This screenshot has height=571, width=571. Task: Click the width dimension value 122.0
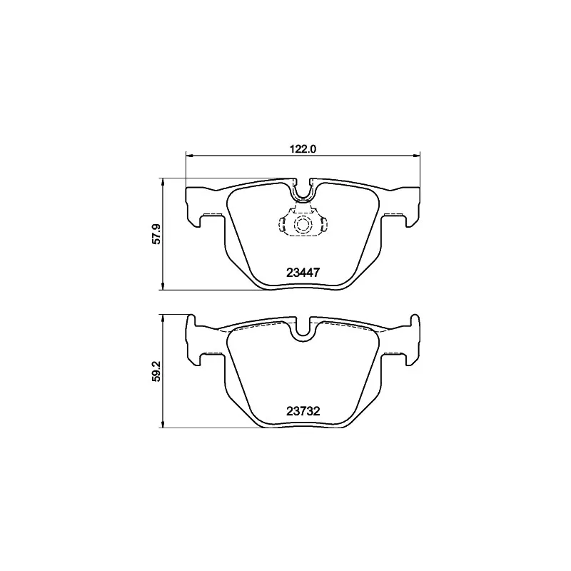303,149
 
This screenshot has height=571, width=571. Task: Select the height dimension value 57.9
157,234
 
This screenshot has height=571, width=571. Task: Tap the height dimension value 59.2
157,371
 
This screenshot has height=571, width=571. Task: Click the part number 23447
303,273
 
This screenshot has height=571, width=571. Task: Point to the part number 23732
303,411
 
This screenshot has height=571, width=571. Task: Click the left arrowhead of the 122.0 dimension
188,156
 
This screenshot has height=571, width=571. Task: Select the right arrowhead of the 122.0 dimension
418,156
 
